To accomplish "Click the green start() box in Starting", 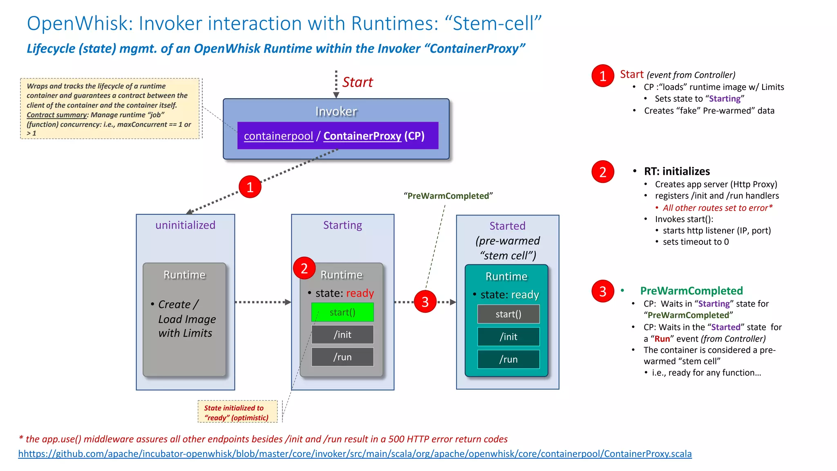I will click(x=342, y=312).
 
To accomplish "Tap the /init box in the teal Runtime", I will click(x=508, y=336).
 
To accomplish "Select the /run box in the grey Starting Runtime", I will click(x=342, y=357).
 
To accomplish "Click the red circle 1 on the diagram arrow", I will click(x=250, y=187).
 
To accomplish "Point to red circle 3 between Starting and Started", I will click(x=425, y=302).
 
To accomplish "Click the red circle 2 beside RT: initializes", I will click(x=603, y=172).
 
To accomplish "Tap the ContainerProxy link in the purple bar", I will click(x=362, y=136).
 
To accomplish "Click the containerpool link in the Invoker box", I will click(x=278, y=136).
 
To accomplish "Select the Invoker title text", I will click(x=336, y=111).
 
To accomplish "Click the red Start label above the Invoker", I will click(x=357, y=82).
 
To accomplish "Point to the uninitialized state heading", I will click(x=185, y=225).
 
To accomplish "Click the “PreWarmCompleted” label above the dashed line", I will click(x=448, y=196).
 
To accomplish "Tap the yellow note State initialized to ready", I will click(x=237, y=412).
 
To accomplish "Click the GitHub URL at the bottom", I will click(x=355, y=454).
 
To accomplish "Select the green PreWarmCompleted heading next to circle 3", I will click(x=691, y=291).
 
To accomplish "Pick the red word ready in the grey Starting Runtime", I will click(x=360, y=293).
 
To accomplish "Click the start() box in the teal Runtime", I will click(x=508, y=314).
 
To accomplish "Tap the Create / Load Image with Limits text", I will click(x=186, y=318).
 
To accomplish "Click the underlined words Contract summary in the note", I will click(x=57, y=115).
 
